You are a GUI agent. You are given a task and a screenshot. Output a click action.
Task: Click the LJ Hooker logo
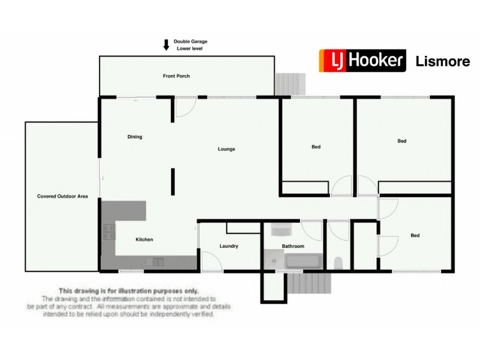(362, 61)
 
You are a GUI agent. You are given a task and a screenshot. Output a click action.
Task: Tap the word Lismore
(443, 61)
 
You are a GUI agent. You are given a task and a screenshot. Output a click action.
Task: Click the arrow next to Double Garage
(166, 45)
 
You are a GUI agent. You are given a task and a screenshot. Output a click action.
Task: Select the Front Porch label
(176, 76)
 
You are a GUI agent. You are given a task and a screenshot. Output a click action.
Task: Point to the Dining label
(135, 137)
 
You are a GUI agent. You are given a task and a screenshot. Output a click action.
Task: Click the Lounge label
(226, 149)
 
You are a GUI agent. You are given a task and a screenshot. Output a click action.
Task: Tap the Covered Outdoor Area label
(62, 196)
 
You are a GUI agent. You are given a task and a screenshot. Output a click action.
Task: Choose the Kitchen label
(144, 239)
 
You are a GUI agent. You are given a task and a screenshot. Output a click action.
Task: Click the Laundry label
(229, 246)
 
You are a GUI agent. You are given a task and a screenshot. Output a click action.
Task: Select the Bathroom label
(293, 246)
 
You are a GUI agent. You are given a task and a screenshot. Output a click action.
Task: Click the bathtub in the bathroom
(304, 262)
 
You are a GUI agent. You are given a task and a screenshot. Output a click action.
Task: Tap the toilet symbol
(338, 262)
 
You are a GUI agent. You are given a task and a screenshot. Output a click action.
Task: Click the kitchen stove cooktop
(109, 232)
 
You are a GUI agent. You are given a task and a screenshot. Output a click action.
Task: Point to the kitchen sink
(155, 262)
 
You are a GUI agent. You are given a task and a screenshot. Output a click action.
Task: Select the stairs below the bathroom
(308, 283)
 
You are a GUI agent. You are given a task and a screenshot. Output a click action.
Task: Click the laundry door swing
(210, 262)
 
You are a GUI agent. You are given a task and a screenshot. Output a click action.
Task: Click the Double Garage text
(191, 41)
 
